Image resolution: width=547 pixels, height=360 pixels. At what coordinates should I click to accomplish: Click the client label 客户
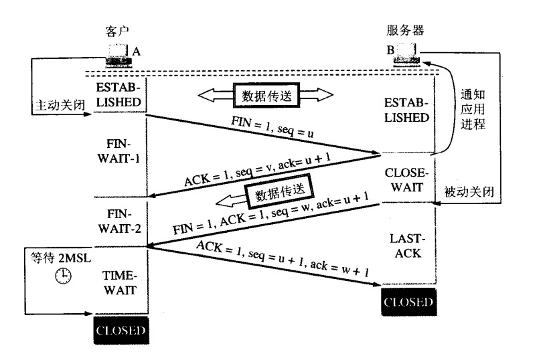click(x=117, y=31)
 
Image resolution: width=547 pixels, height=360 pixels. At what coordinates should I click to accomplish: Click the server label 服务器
click(x=405, y=30)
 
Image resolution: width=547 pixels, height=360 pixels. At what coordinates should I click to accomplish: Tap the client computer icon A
click(x=119, y=53)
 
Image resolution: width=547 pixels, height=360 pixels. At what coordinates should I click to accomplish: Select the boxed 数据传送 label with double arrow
click(x=266, y=94)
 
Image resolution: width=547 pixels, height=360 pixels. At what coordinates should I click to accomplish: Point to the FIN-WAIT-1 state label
click(x=121, y=153)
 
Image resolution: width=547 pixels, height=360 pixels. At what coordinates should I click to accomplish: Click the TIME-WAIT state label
click(x=120, y=282)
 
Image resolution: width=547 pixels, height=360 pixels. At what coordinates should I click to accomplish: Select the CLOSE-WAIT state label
click(x=404, y=179)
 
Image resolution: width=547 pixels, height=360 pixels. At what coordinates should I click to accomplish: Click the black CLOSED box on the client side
click(x=120, y=331)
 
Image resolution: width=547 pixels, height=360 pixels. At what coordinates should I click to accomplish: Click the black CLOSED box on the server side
click(x=408, y=302)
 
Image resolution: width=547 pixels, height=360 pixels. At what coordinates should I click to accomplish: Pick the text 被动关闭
click(x=469, y=191)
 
